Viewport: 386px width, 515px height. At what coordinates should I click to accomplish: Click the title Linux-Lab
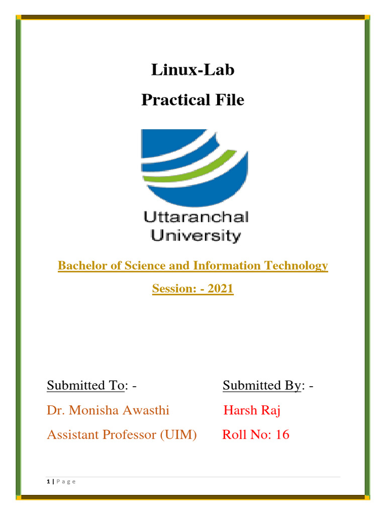pos(192,70)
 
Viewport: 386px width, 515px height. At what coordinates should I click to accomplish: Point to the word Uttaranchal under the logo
pos(196,217)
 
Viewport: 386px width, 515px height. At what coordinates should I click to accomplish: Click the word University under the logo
pos(192,234)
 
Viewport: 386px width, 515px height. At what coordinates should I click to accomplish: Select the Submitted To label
pos(85,386)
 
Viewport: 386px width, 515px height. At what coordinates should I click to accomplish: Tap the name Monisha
pos(92,410)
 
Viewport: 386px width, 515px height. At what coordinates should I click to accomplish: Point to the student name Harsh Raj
pos(252,410)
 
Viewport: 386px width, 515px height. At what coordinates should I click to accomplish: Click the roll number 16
pos(282,435)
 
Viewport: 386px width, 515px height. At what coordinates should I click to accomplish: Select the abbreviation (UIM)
pos(178,435)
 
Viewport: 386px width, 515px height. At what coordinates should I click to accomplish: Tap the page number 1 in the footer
pos(48,482)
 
